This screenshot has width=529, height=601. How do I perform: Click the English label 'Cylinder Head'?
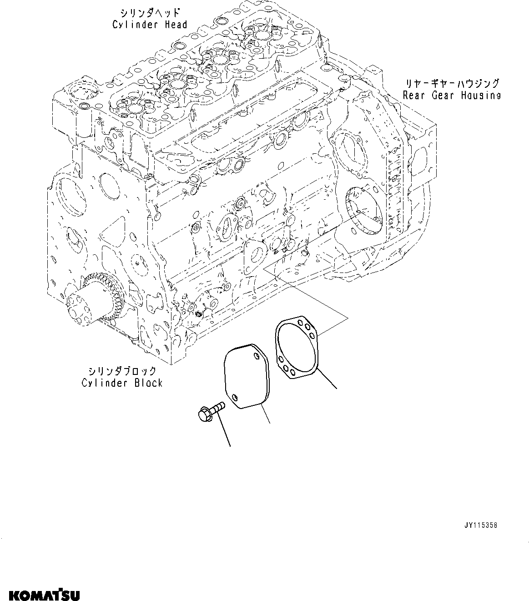click(x=150, y=24)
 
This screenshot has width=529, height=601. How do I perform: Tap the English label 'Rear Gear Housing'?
click(x=452, y=95)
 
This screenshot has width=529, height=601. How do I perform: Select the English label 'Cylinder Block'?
click(x=122, y=383)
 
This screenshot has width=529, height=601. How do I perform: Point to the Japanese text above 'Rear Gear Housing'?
click(x=452, y=83)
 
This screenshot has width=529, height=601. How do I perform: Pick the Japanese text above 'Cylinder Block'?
click(x=122, y=371)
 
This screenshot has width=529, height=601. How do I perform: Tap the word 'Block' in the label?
click(x=148, y=383)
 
